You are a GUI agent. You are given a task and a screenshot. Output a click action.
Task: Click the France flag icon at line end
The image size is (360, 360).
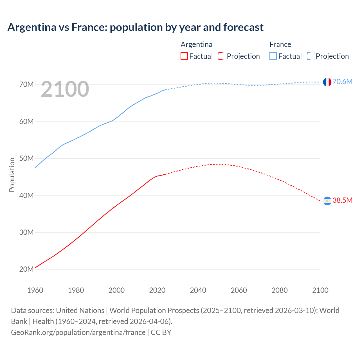(327, 82)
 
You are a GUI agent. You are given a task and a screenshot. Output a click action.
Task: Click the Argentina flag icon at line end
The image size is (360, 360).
(327, 201)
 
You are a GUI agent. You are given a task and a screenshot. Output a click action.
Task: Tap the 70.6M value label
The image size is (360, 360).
(342, 82)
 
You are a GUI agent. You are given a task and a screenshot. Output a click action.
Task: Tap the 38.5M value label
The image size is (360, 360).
(342, 200)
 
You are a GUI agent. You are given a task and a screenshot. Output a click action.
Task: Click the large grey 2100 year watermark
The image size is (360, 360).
(65, 89)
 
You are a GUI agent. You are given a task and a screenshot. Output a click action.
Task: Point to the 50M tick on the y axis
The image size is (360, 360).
(26, 158)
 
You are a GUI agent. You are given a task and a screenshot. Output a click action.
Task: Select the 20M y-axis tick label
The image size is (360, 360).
(26, 269)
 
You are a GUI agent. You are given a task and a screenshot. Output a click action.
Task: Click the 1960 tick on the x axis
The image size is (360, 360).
(35, 290)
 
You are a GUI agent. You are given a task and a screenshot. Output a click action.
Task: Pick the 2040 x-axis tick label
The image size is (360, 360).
(198, 290)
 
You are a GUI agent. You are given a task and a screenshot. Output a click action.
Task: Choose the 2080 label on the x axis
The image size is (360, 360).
(280, 290)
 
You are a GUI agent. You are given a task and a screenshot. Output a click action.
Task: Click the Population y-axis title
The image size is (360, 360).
(12, 175)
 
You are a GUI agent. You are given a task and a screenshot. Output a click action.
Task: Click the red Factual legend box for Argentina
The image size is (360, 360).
(184, 56)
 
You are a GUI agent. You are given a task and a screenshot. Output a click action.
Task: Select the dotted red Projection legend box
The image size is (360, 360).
(222, 56)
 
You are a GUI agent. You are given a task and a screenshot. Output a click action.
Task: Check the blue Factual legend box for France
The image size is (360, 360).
(273, 56)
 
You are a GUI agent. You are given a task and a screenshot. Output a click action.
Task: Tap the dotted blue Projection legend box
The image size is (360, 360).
(310, 56)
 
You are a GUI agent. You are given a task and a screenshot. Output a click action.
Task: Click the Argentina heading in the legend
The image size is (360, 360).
(196, 44)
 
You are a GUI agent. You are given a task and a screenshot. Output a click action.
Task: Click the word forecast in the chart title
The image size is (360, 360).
(243, 27)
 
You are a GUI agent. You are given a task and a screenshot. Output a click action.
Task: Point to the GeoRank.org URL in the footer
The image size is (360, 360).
(78, 332)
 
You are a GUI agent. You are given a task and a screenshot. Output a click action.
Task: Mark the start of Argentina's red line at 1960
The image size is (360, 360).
(35, 267)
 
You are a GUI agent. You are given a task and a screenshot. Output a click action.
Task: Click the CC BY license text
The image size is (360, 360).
(161, 332)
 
